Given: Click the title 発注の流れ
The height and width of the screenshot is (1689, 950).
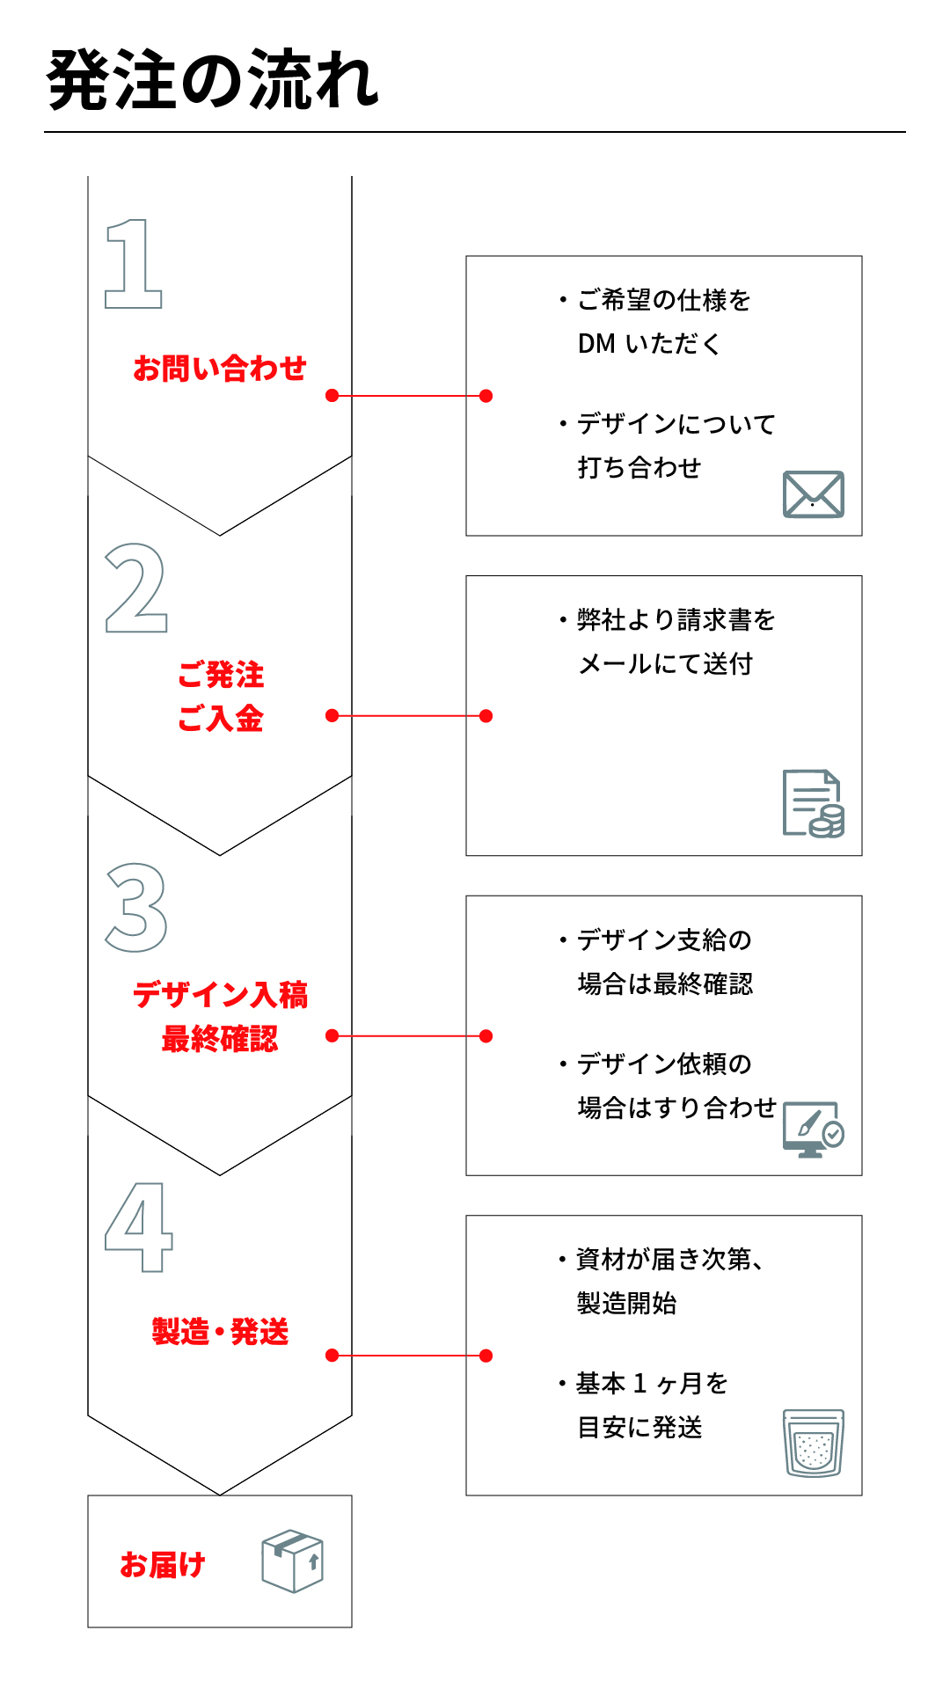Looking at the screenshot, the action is point(213,80).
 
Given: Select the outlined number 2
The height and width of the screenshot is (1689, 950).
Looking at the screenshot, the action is point(136,588).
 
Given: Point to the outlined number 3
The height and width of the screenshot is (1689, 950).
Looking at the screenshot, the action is point(136,907).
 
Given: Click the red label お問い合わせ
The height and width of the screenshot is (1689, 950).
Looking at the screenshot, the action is point(220,368).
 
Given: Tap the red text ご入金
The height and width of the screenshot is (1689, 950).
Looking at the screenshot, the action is point(220,719).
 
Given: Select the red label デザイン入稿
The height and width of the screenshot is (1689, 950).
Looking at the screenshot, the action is point(220,995).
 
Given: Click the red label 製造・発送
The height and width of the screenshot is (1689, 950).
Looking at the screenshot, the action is point(220,1332).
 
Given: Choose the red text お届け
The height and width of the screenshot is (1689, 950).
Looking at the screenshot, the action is point(163,1564).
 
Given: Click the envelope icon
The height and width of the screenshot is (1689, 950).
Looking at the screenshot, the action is point(814,494).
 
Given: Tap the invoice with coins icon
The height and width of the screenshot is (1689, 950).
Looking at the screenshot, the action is point(814,803).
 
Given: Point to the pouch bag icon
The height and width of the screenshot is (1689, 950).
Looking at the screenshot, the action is point(814,1443).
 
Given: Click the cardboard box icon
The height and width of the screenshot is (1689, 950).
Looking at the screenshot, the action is point(293,1561).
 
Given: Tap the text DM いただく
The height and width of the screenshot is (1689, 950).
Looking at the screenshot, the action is point(649,344).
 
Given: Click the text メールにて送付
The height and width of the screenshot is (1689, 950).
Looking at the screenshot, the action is point(665,664).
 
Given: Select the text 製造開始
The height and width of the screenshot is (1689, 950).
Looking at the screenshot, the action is point(626,1304).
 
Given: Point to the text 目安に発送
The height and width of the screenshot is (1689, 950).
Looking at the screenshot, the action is point(639,1428).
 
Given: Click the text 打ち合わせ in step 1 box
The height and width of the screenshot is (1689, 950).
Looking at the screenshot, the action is point(639,468).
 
